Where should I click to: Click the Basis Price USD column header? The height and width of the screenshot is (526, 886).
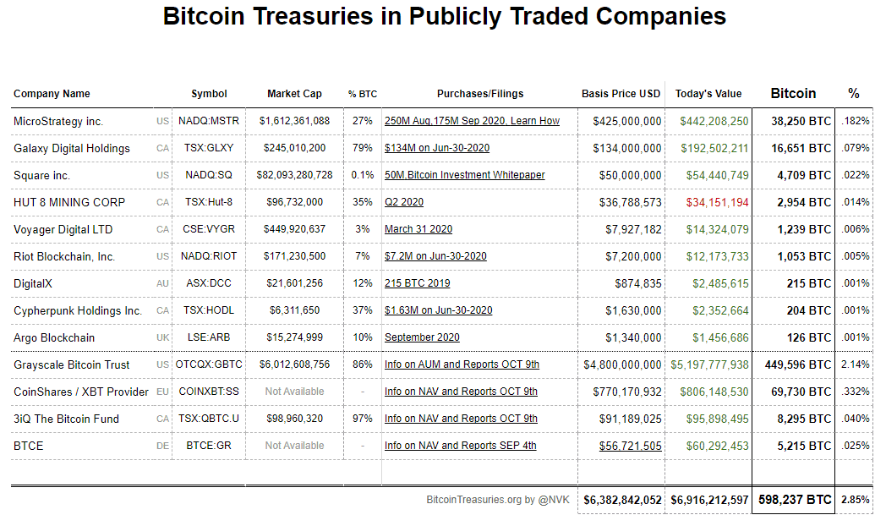[621, 94]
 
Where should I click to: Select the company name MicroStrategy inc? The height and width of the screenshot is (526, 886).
[58, 121]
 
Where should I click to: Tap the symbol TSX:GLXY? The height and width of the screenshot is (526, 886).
[208, 148]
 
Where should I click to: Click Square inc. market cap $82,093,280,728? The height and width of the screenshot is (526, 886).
[294, 175]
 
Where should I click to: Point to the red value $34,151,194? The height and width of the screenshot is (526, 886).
[717, 202]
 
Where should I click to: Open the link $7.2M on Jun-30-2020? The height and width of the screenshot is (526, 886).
[435, 256]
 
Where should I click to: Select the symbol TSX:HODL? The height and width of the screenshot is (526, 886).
[208, 310]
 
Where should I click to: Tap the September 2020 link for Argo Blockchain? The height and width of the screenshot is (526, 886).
[422, 337]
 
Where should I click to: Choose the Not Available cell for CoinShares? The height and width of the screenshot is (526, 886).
[294, 392]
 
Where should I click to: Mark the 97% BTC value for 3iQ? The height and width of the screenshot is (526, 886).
[364, 419]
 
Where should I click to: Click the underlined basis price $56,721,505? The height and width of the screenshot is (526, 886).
[631, 446]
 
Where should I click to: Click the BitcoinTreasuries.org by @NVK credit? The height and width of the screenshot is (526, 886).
[499, 500]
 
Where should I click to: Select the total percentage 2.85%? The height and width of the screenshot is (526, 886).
[856, 500]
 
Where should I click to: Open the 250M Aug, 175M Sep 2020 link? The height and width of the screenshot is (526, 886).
[472, 121]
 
